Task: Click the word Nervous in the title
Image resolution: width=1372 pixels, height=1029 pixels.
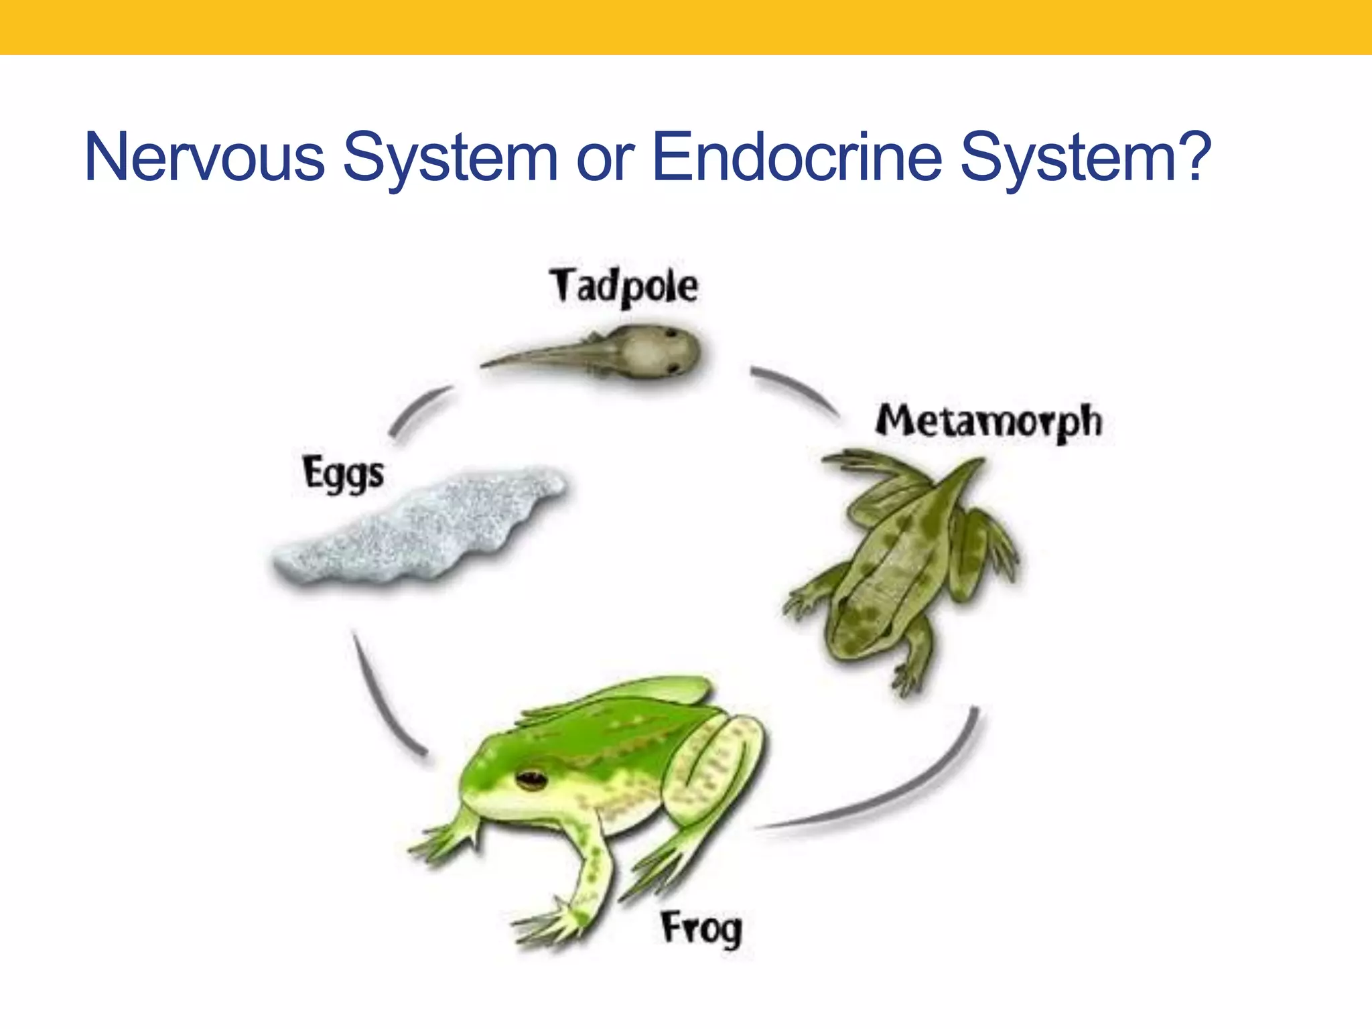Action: click(204, 157)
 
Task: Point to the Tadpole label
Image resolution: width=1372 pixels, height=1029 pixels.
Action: click(624, 287)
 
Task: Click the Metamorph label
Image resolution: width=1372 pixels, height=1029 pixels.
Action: click(988, 422)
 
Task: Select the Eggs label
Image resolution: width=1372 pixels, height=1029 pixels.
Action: click(343, 474)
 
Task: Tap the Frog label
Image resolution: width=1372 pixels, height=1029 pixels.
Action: click(701, 929)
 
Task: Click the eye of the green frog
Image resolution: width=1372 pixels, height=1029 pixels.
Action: click(532, 778)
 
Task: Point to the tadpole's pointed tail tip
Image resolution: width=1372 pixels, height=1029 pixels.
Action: click(486, 365)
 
